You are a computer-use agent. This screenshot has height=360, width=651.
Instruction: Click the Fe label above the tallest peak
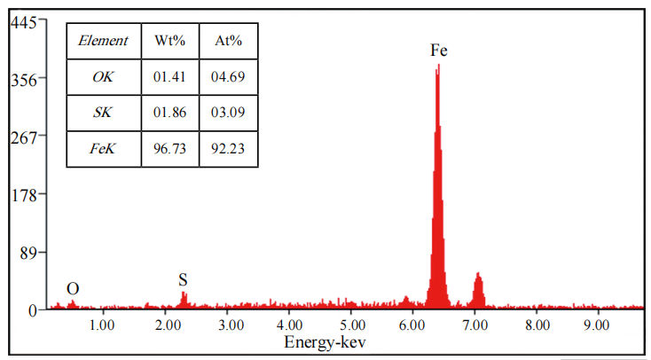tap(438, 51)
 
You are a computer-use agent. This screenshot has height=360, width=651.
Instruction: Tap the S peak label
tap(184, 280)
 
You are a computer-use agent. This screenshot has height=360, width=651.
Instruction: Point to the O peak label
tap(73, 289)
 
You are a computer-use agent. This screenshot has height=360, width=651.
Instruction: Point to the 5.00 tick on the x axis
tap(351, 325)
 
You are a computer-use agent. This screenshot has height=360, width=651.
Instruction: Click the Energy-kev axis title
tap(325, 341)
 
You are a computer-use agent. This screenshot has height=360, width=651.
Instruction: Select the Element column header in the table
tap(104, 41)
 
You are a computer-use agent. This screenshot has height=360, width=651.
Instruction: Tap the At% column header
tap(229, 41)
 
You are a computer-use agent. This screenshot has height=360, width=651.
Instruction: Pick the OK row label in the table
tap(104, 77)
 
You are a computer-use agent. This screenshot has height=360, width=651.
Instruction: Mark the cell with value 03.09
tap(229, 113)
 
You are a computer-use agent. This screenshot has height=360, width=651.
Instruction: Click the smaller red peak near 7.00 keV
tap(478, 288)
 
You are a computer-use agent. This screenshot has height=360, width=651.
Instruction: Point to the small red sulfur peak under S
tap(184, 300)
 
